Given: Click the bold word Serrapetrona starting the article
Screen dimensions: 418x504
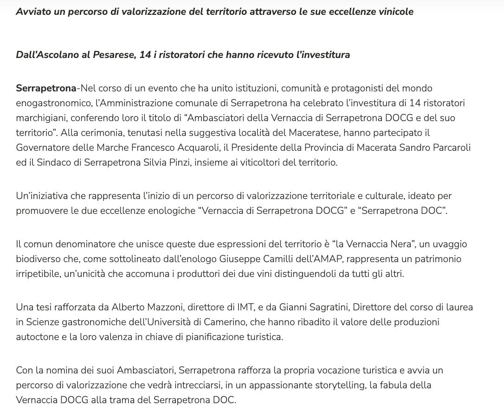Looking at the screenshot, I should (x=46, y=88).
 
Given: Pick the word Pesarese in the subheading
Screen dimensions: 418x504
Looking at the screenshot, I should (x=112, y=55).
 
